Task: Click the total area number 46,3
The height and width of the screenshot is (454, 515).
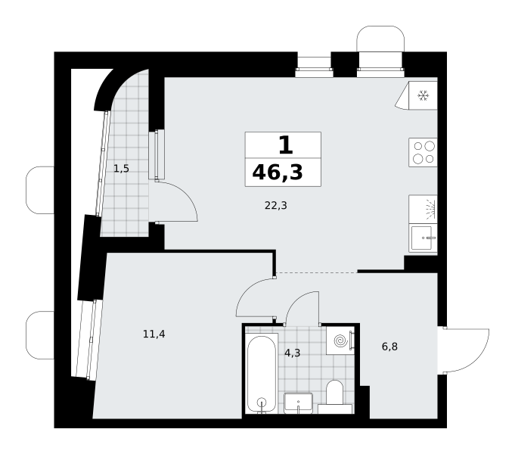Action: [278, 173]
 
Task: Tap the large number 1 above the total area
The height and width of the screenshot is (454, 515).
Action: [285, 145]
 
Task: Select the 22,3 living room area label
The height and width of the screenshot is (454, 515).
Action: [276, 206]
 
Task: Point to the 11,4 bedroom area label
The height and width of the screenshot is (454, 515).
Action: [154, 334]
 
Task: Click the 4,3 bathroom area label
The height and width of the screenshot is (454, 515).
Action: [293, 353]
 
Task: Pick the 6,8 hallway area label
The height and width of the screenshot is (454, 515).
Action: [390, 347]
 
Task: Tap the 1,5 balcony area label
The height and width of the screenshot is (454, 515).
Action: [121, 169]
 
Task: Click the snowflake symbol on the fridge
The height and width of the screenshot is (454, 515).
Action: [423, 96]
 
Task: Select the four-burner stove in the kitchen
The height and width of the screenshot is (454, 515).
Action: [423, 152]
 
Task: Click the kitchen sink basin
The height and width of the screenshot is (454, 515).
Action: [421, 238]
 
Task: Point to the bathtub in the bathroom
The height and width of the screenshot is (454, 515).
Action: [262, 374]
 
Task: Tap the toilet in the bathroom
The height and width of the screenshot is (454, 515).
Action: [335, 397]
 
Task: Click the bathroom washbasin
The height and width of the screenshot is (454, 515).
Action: [298, 403]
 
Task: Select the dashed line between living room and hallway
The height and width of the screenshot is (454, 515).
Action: [317, 273]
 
